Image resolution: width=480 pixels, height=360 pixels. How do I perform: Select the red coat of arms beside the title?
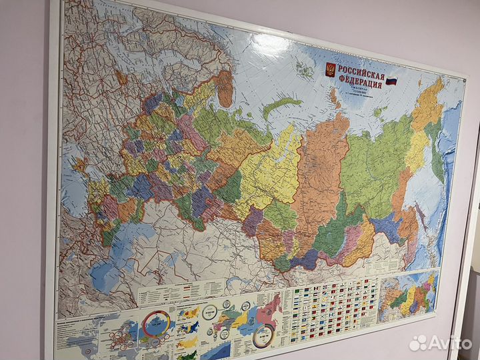click(329, 69)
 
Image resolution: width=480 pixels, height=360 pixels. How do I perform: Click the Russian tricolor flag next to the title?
click(392, 82)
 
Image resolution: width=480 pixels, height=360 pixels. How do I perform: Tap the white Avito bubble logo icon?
click(417, 343)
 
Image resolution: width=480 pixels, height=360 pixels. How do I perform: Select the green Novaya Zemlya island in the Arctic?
click(281, 106)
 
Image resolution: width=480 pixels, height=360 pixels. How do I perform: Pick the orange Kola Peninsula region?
click(225, 89)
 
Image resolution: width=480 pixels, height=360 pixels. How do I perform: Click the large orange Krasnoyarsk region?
click(323, 173)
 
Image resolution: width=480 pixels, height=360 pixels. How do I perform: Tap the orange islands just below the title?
click(333, 100)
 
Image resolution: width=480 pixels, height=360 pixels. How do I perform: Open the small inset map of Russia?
click(407, 294)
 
